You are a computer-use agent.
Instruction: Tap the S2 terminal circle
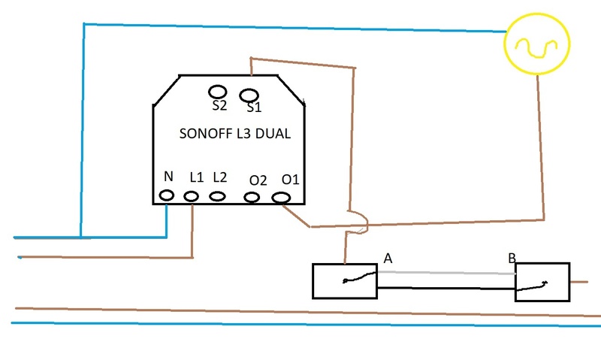(217, 91)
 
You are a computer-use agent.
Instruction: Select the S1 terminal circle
(249, 95)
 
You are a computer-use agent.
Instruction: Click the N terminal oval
(167, 197)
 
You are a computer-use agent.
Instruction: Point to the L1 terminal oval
(192, 197)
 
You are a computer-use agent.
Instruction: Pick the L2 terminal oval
(218, 196)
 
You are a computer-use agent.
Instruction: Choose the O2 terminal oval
(252, 198)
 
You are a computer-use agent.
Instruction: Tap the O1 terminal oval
(282, 198)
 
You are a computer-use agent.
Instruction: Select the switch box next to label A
(344, 281)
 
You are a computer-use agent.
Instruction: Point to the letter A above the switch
(388, 258)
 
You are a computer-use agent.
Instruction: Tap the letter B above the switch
(512, 258)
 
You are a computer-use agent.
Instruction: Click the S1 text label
(254, 108)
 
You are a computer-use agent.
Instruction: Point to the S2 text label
(219, 106)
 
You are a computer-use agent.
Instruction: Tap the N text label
(168, 177)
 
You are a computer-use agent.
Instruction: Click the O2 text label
(258, 180)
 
